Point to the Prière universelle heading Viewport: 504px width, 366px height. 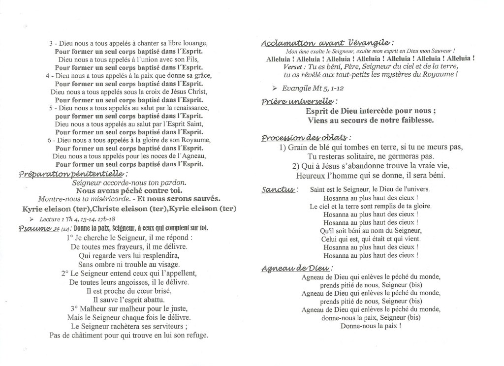point(299,101)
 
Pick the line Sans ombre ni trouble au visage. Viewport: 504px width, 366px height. point(129,264)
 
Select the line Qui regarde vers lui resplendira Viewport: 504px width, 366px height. point(128,255)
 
